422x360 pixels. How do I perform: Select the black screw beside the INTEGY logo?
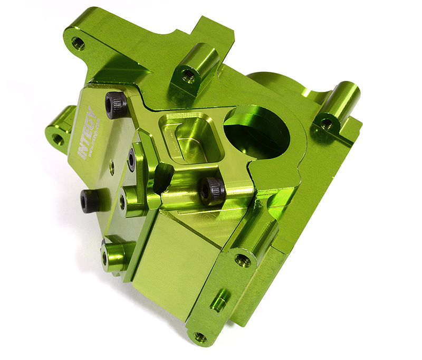coord(116,105)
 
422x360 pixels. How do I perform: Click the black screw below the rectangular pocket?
coord(212,191)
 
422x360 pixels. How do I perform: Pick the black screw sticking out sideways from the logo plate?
coord(90,201)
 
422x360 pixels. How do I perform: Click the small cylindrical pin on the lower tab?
coord(218,301)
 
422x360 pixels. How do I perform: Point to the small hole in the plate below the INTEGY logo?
coord(111,168)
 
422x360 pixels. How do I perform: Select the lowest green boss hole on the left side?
coord(105,258)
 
